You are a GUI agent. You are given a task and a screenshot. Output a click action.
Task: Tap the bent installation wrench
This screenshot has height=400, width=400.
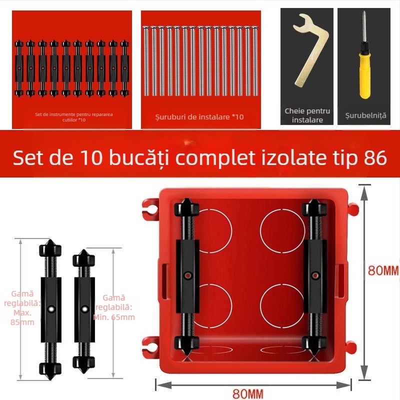coord(309,50)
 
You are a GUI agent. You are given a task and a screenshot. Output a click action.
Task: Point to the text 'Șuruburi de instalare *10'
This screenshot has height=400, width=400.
coord(199,117)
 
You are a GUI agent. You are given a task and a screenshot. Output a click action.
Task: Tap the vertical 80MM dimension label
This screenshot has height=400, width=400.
coord(383,270)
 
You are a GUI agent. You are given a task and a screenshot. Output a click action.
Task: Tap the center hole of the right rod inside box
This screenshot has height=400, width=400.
coord(315,274)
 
